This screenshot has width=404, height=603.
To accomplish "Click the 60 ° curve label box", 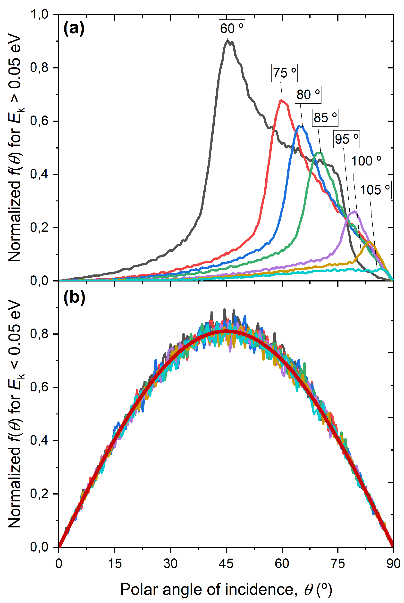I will pos(232,28).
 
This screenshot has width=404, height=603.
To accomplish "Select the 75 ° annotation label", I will pos(285,73).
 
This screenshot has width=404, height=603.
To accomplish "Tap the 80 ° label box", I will pos(308,94).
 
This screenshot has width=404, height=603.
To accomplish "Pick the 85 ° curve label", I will pos(325,117).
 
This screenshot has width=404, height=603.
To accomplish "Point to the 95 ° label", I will pos(346,139).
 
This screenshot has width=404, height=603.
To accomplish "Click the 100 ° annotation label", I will pos(366,161).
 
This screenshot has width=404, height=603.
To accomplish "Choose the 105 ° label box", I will pos(375,190).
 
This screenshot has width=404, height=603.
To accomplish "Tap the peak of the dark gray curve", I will pos(228,41).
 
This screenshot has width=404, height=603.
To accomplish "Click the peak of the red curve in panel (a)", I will pos(281,100).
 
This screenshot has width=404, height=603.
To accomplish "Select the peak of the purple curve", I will pos(354,212).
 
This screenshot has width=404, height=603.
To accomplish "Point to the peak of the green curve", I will pos(320,153).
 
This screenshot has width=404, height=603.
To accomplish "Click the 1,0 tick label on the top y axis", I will pos(39,14).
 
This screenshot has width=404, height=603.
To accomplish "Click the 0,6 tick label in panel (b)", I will pos(39,387).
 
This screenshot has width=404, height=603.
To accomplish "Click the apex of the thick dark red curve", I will pos(226,330).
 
